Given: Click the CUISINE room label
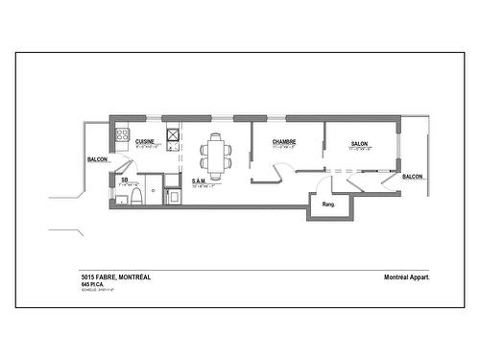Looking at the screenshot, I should [x=145, y=141].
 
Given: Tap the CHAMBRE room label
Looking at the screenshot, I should [x=283, y=141].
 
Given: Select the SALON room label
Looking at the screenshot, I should [x=360, y=144].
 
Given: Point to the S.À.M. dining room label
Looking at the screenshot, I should [x=200, y=180].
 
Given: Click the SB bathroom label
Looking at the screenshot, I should [x=124, y=180].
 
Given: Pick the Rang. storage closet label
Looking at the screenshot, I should [x=328, y=204].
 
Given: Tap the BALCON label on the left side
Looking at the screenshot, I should [x=97, y=159].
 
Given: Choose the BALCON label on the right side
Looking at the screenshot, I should [x=413, y=177].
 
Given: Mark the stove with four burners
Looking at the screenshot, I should [x=123, y=135].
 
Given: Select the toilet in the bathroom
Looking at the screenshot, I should [x=137, y=197].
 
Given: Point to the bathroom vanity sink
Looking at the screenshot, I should [x=123, y=199].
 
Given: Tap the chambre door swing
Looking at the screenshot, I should [x=279, y=173].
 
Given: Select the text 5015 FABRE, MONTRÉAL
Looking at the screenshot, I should [x=116, y=277].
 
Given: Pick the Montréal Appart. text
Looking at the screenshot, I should [x=406, y=277].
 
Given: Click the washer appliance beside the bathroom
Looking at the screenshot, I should [x=172, y=197].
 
